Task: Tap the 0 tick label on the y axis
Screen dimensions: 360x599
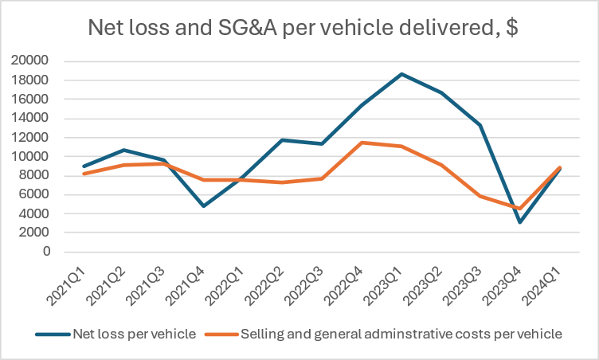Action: (x=45, y=252)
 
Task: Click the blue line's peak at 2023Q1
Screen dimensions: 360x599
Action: (x=402, y=74)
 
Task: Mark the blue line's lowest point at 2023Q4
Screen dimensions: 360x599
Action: (x=519, y=221)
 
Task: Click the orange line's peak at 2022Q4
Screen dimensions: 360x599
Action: (x=363, y=143)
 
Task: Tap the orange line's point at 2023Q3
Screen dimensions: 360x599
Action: (x=480, y=196)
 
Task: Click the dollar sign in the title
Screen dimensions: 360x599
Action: (x=511, y=29)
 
